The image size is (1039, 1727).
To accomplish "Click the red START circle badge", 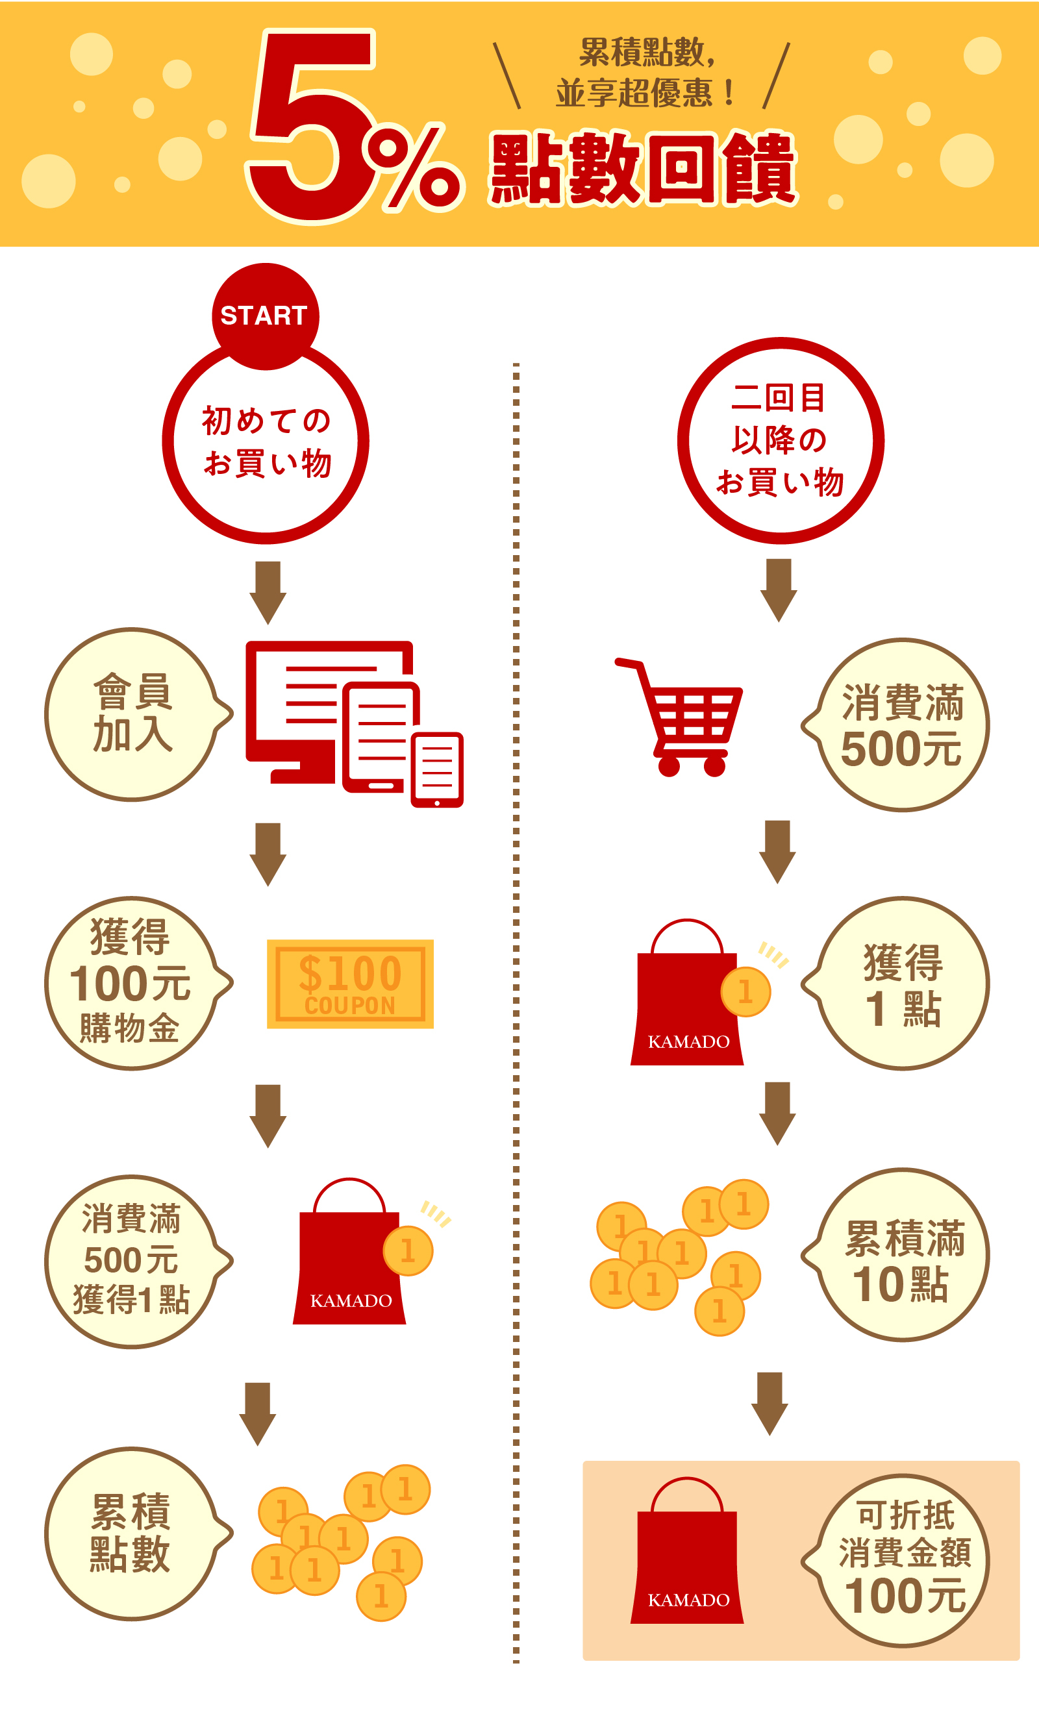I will (x=265, y=316).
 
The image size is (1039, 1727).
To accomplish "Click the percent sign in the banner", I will (x=413, y=168).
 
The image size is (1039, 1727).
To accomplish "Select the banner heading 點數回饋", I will (x=643, y=168).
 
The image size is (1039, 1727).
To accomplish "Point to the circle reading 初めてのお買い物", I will (x=266, y=442).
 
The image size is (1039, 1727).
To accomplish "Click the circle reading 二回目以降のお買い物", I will (x=780, y=441).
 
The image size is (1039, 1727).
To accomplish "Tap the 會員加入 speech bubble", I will (x=133, y=714).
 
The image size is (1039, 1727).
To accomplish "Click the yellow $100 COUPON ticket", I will (x=350, y=984).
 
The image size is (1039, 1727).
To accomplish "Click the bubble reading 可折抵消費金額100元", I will (x=903, y=1561).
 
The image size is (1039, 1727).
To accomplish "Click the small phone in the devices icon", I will (x=437, y=769).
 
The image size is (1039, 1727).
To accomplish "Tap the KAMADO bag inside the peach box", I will (x=688, y=1561).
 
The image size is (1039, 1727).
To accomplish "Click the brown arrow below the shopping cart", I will (x=778, y=851).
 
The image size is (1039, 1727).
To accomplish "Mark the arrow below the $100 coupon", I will (x=268, y=1116).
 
